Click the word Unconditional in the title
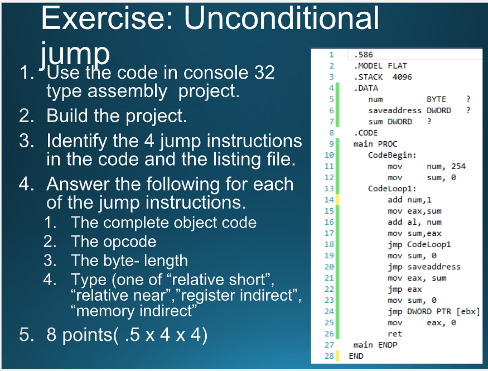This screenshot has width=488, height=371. [282, 18]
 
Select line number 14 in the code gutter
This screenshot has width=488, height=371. [329, 200]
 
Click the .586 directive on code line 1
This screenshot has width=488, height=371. [363, 55]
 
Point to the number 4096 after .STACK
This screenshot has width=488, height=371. [402, 77]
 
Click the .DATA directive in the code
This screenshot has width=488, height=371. [366, 88]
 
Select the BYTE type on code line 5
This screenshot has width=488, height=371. [436, 99]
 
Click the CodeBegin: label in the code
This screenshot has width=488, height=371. [392, 155]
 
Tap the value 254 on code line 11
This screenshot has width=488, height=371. [458, 166]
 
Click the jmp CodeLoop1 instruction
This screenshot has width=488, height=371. [419, 244]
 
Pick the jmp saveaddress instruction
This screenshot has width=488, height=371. [424, 267]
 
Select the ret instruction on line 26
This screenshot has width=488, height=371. [395, 334]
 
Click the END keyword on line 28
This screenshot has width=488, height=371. [356, 356]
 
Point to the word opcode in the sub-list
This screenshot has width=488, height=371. [130, 242]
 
